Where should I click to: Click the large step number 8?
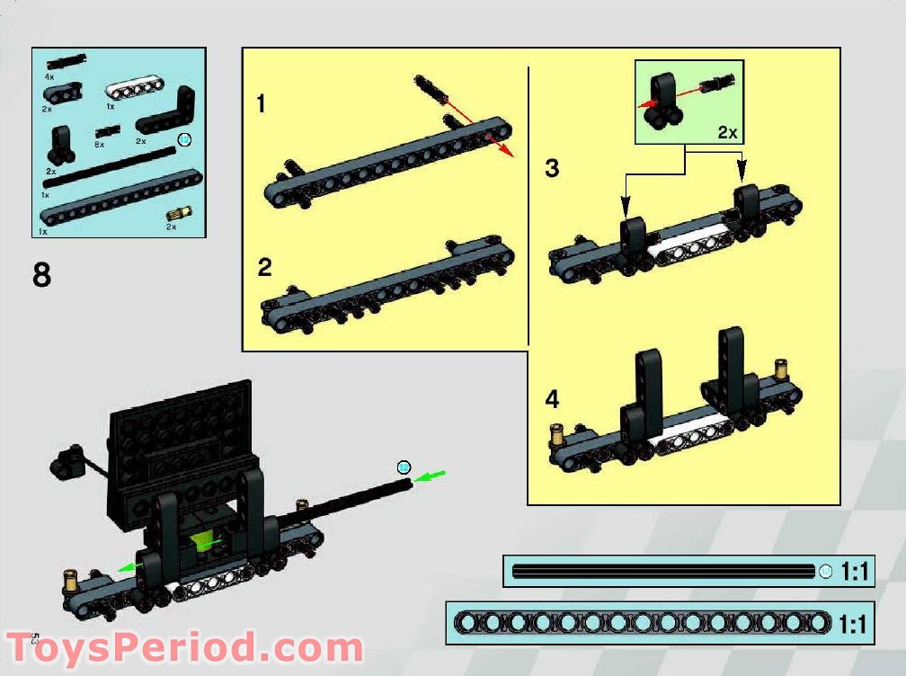42,274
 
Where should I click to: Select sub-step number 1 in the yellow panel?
261,104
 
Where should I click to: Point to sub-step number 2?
264,267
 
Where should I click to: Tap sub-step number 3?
552,168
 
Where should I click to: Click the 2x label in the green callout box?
726,132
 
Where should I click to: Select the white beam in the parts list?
131,91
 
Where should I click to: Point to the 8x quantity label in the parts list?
100,144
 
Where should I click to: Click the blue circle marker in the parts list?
184,139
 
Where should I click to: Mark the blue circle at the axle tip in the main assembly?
404,467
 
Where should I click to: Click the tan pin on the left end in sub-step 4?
557,435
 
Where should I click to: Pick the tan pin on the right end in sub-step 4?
781,369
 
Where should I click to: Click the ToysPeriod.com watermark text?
184,648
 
